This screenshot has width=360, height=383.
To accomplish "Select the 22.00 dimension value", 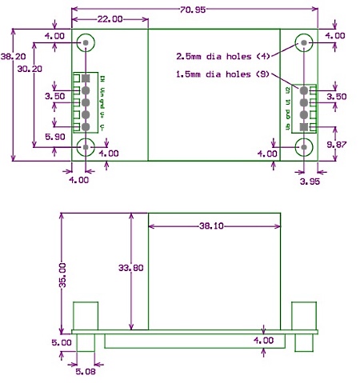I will click(x=110, y=18).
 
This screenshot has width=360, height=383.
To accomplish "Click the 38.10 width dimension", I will click(x=214, y=226).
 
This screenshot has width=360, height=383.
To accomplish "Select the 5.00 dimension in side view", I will click(x=61, y=342).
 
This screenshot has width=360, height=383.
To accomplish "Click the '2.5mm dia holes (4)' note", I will click(x=225, y=56).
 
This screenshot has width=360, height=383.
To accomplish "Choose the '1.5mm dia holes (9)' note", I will click(x=225, y=74).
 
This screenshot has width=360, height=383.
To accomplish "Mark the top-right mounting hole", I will click(x=304, y=42).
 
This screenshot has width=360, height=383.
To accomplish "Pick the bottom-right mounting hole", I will click(x=304, y=146).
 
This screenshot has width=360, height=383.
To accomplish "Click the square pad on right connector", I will click(x=304, y=127).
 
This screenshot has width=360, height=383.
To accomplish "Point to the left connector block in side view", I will click(x=86, y=315).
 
